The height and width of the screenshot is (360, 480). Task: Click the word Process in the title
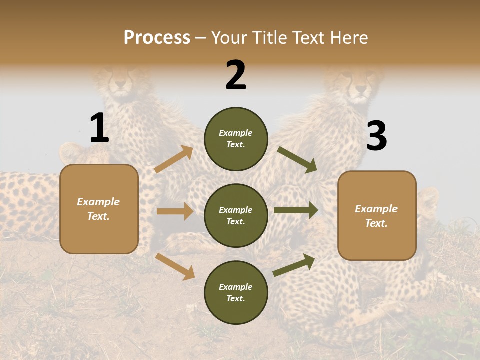point(157,37)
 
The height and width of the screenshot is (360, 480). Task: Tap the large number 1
point(99,128)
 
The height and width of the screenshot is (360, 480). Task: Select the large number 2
point(236,75)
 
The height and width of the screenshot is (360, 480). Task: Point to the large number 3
point(376,136)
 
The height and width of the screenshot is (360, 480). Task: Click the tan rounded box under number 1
point(99,209)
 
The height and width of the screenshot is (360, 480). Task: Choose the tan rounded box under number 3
point(377,215)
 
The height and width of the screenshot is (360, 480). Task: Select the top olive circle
point(236,139)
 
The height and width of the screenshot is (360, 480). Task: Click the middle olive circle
point(236,215)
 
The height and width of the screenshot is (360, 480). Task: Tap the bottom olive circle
point(236,292)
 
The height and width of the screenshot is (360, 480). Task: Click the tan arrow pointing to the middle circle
point(175,211)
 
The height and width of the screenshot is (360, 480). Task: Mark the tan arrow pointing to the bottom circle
point(175,266)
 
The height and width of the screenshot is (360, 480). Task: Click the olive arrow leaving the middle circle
point(296,210)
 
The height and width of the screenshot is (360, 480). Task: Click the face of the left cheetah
point(118,81)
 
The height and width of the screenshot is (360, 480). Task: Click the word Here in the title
point(349,37)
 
